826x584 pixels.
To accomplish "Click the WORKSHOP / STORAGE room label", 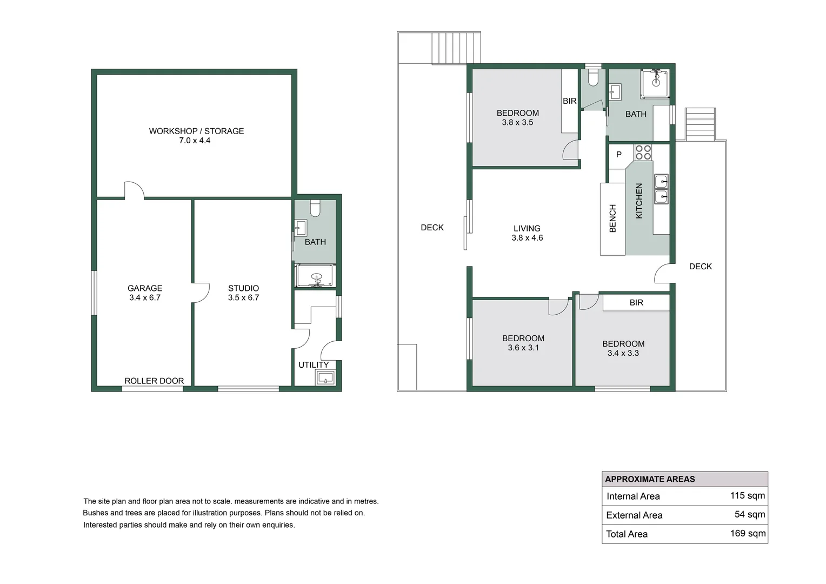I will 196,131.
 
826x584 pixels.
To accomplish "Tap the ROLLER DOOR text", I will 154,381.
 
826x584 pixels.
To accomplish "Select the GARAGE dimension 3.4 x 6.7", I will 145,297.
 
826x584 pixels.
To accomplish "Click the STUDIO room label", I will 243,288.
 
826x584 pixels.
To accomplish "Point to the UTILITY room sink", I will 325,377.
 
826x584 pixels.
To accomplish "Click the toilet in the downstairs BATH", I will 315,207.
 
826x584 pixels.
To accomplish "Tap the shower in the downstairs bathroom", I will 316,276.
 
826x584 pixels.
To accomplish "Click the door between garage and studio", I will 200,293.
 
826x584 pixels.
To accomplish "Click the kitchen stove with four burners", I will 643,152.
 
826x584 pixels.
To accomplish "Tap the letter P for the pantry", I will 619,155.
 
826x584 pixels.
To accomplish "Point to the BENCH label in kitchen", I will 612,218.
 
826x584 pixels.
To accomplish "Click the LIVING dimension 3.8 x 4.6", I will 527,238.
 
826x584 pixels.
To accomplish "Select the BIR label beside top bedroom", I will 570,101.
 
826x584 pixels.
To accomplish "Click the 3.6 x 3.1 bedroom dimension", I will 523,348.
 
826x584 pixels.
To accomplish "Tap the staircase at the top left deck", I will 456,48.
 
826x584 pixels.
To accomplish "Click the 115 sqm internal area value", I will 747,495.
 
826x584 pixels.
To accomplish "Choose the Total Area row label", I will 627,534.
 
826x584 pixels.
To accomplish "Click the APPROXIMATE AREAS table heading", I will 650,479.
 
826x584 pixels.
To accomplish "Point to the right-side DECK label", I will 700,266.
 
